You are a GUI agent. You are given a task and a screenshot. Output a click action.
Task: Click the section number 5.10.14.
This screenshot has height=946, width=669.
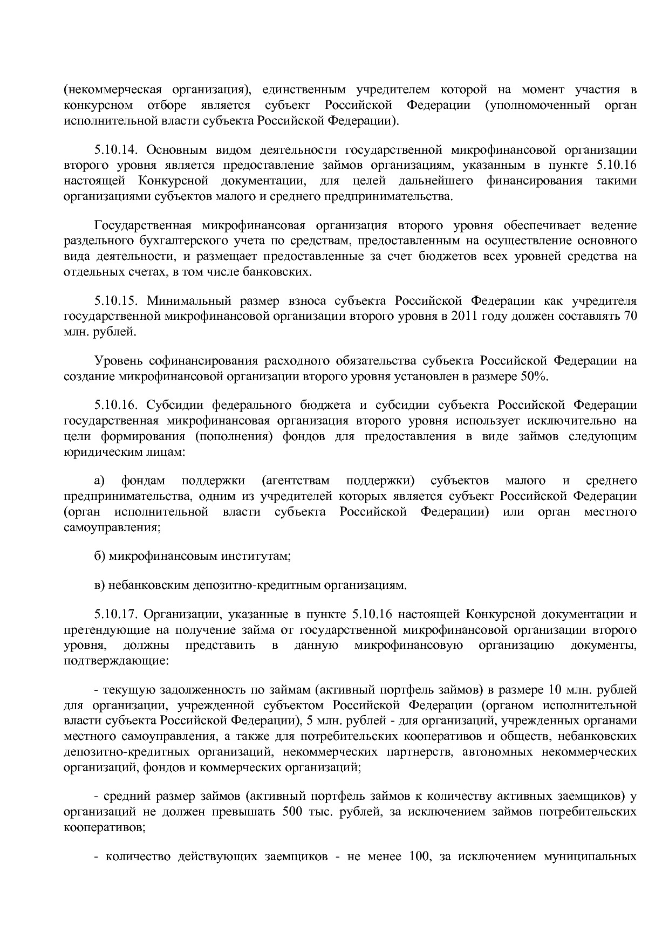(117, 149)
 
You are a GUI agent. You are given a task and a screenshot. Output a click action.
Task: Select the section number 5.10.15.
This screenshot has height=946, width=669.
(117, 300)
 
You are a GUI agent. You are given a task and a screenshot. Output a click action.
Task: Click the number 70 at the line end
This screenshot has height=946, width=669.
(630, 316)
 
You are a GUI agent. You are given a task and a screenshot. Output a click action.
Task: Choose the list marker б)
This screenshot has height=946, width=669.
(99, 556)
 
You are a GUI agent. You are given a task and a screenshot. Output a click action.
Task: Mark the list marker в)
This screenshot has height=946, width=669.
(99, 585)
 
